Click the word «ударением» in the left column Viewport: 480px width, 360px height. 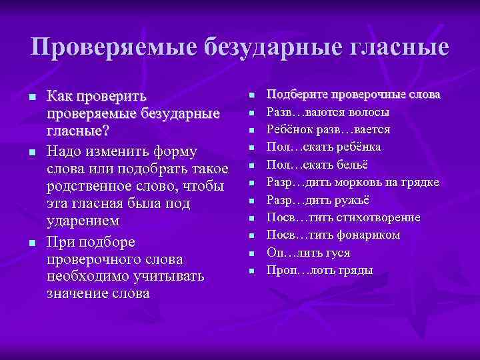pos(83,219)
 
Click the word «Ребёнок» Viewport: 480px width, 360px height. pos(292,129)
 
